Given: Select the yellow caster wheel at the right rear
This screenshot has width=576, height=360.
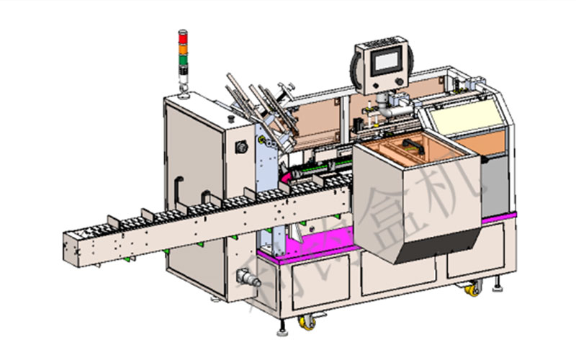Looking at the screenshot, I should pos(473,289).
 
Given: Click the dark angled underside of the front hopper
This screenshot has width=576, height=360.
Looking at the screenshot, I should pos(432,248).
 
